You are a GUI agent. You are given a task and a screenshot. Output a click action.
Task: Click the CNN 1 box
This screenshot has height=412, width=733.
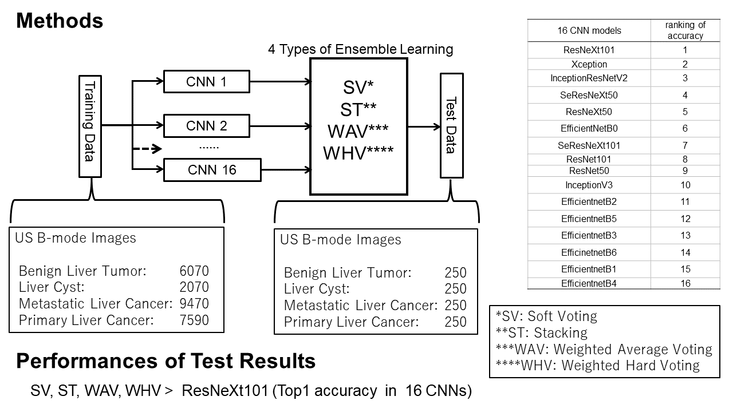click(207, 82)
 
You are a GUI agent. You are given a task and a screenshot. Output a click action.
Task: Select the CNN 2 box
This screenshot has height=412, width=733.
click(207, 125)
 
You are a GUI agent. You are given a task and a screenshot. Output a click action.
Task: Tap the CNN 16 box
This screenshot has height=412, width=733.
click(212, 169)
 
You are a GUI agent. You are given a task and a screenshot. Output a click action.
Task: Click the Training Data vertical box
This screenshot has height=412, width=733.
click(89, 125)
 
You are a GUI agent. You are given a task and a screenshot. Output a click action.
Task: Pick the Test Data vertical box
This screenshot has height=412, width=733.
click(451, 125)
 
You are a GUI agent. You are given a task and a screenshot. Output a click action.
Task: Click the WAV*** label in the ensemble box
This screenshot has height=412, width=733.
click(358, 132)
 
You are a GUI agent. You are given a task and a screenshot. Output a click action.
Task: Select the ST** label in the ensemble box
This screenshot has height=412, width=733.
click(358, 110)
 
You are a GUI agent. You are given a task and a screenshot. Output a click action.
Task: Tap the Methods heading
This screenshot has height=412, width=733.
click(60, 21)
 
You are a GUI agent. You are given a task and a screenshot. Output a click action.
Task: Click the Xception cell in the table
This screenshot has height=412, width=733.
click(589, 64)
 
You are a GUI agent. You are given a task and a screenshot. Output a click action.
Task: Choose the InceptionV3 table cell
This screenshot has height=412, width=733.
click(589, 185)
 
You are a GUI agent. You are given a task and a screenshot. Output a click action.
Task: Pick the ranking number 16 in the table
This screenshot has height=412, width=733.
click(685, 283)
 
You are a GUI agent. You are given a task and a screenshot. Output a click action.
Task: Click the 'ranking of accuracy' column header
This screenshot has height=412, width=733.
click(685, 30)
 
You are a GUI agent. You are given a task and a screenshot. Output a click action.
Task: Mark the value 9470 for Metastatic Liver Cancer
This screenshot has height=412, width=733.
click(194, 304)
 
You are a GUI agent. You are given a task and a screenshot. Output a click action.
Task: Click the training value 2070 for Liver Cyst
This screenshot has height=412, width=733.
click(194, 287)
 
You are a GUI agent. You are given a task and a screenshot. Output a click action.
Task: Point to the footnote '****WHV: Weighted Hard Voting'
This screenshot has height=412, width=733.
click(598, 365)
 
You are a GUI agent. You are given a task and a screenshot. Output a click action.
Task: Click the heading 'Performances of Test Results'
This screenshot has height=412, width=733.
click(165, 361)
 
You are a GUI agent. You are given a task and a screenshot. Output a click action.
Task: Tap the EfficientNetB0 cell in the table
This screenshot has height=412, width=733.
click(589, 128)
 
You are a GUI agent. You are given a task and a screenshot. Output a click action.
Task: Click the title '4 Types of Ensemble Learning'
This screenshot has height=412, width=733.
click(360, 49)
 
